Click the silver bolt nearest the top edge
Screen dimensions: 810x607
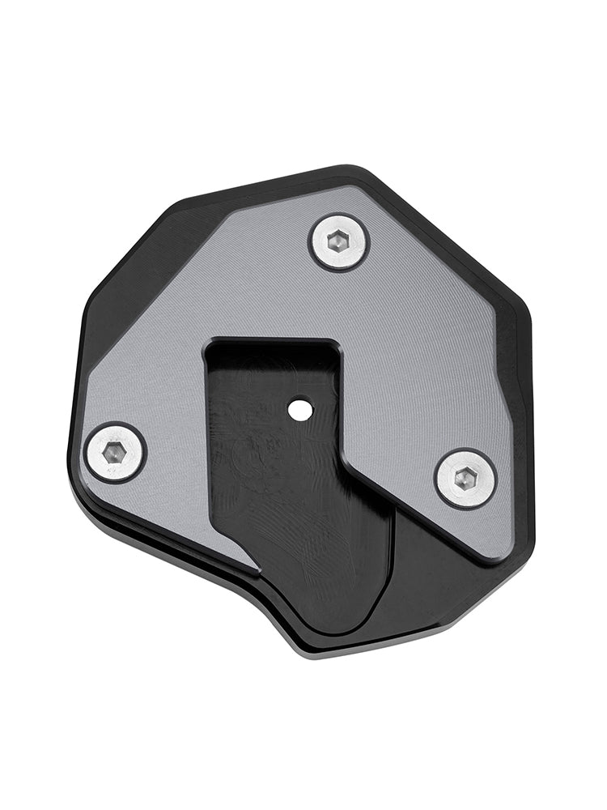pos(339,241)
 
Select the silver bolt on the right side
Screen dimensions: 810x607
pos(465,479)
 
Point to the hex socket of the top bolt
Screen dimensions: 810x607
pos(339,241)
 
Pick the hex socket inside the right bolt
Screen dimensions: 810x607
pos(465,479)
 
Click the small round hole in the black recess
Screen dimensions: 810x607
pos(301,410)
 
